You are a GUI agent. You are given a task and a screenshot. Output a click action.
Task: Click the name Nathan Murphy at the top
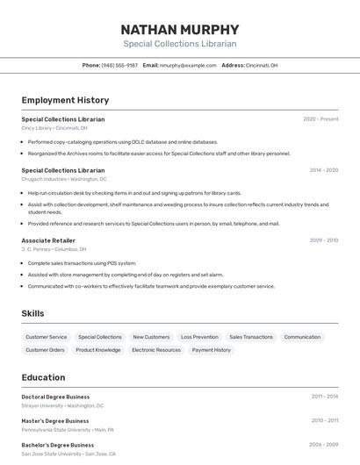pos(179,29)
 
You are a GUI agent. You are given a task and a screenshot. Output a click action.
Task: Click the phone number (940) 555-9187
pos(119,65)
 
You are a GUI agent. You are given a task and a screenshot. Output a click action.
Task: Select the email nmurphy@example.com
pos(188,65)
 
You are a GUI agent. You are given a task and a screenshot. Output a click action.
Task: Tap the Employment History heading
pos(65,100)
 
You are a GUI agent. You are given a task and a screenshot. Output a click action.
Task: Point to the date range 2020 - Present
pos(320,119)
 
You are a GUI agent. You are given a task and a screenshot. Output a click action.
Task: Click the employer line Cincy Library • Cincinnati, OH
pos(54,128)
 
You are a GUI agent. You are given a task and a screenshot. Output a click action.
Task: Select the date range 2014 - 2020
pos(323,170)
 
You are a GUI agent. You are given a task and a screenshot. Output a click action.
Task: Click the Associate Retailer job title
pos(48,240)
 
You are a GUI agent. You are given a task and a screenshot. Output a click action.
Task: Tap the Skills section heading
pos(32,313)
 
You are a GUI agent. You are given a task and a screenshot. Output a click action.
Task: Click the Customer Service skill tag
pos(46,337)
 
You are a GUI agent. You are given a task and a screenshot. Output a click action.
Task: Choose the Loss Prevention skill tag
pos(199,337)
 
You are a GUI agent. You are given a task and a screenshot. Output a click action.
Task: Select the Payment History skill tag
pos(211,350)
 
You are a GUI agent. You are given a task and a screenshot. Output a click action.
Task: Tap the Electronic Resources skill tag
pos(156,350)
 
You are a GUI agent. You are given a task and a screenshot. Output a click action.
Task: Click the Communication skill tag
pos(302,337)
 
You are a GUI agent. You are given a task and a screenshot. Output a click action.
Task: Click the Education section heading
pos(43,377)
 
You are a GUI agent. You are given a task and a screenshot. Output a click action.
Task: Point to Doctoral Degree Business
pos(55,397)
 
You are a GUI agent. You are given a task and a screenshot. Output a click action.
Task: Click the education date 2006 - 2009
pos(323,445)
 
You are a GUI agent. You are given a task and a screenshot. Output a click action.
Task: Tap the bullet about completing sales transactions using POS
pos(82,262)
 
